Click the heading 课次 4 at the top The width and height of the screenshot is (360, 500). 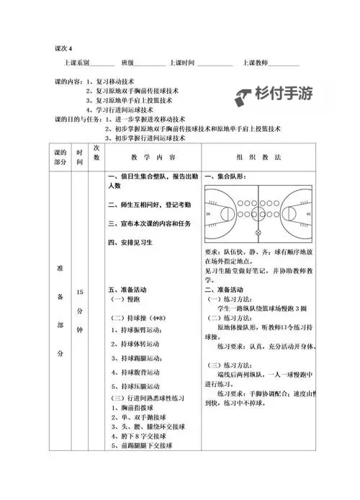[64, 48]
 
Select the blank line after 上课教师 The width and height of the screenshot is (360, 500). [284, 65]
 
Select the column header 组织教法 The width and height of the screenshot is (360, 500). [269, 156]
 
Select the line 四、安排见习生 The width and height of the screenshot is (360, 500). [130, 243]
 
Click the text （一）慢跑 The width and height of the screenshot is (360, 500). [125, 298]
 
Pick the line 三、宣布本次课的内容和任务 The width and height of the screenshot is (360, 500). [149, 223]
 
